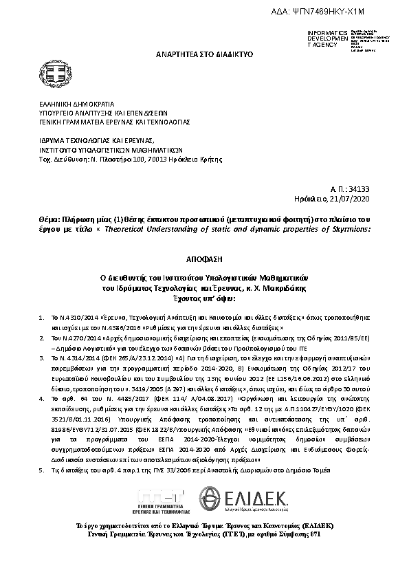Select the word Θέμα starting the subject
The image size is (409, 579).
[x=50, y=218]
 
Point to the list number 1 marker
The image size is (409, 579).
[x=41, y=319]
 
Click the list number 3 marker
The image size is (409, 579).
[x=41, y=358]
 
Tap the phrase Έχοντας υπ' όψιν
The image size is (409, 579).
[x=204, y=299]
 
